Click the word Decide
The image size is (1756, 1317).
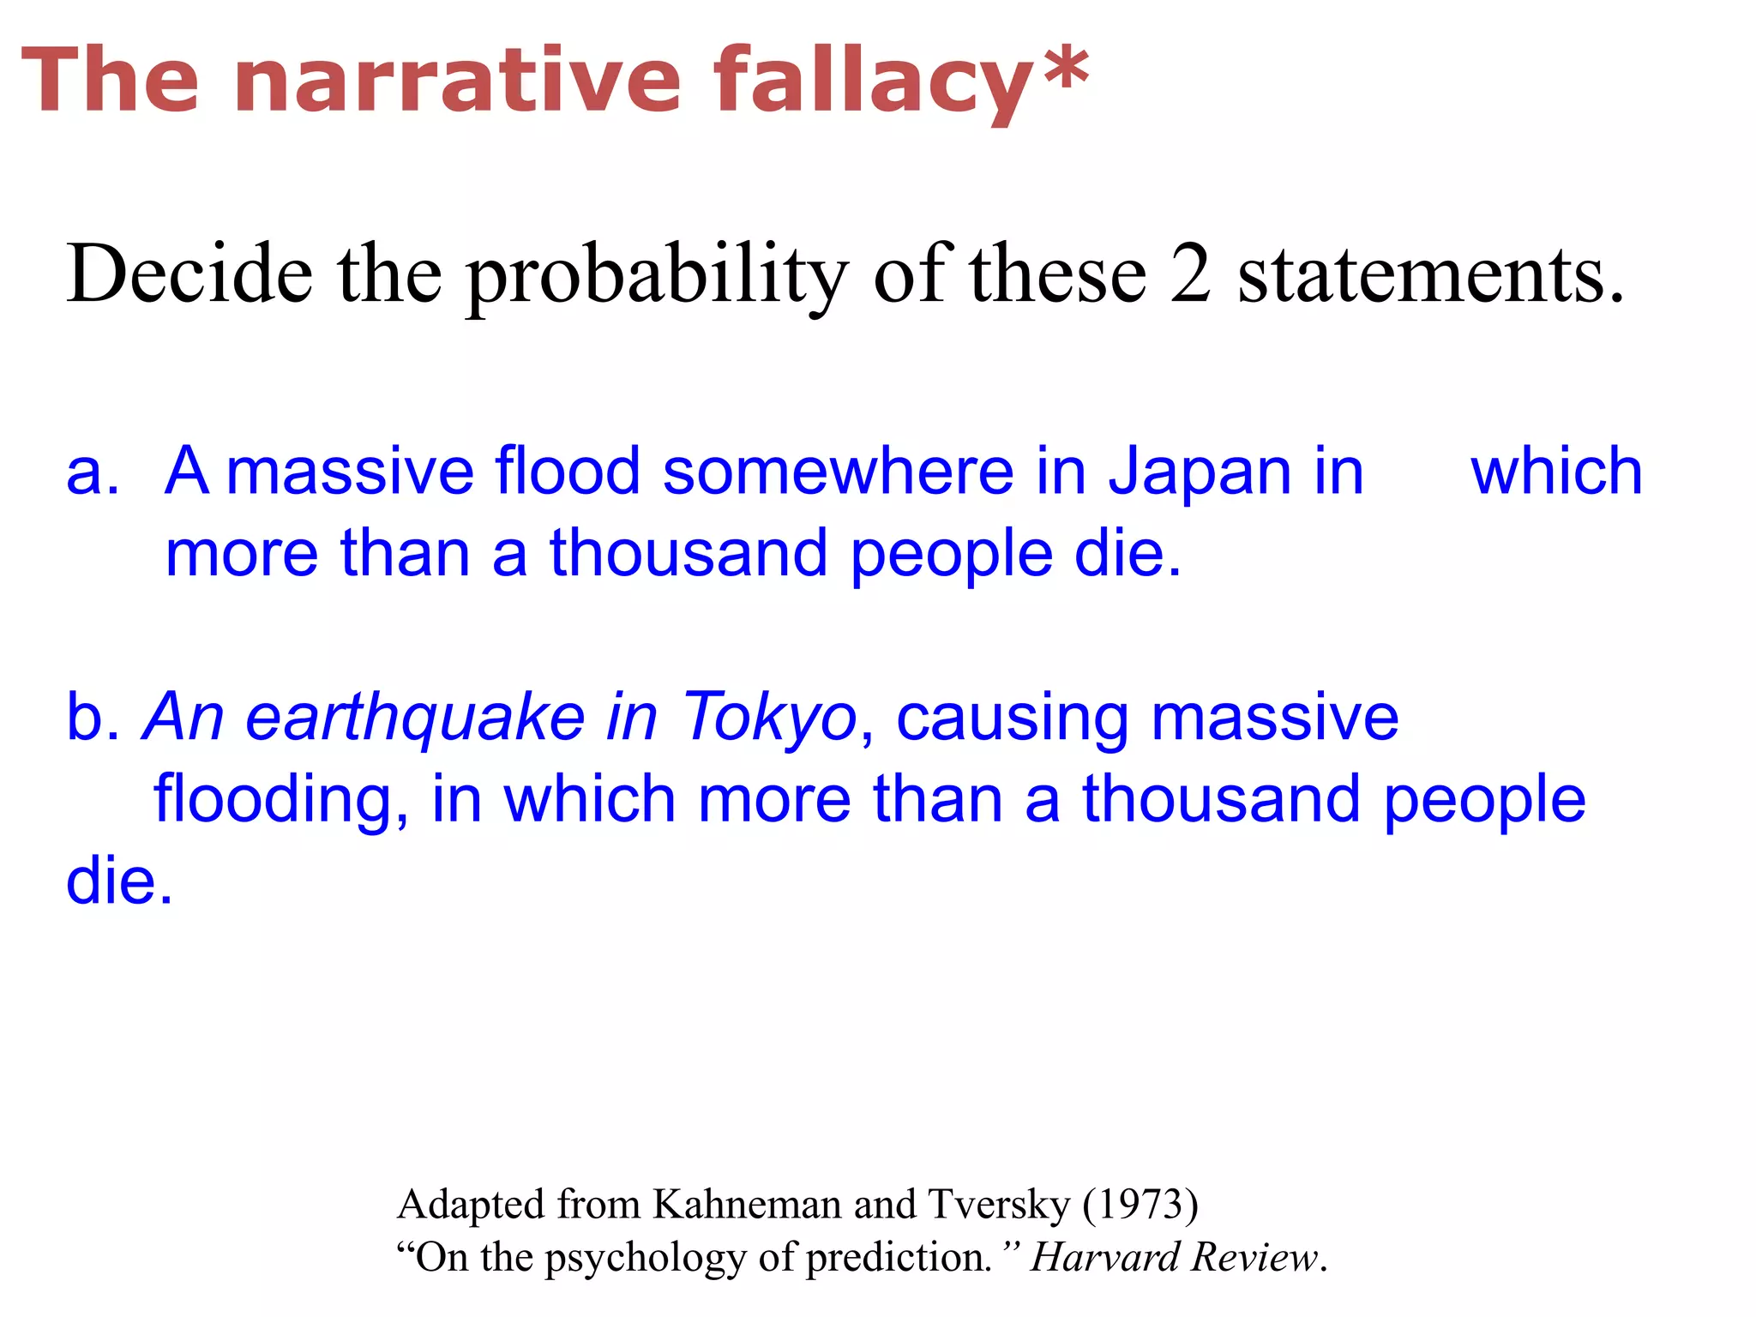pos(189,274)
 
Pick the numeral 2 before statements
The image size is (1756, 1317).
pos(1191,274)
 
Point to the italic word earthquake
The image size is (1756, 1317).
pos(415,719)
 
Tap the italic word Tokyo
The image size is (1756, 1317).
pos(768,719)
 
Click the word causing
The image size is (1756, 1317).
pos(1012,719)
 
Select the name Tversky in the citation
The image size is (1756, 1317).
pos(999,1205)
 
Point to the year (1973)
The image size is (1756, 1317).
pos(1140,1205)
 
